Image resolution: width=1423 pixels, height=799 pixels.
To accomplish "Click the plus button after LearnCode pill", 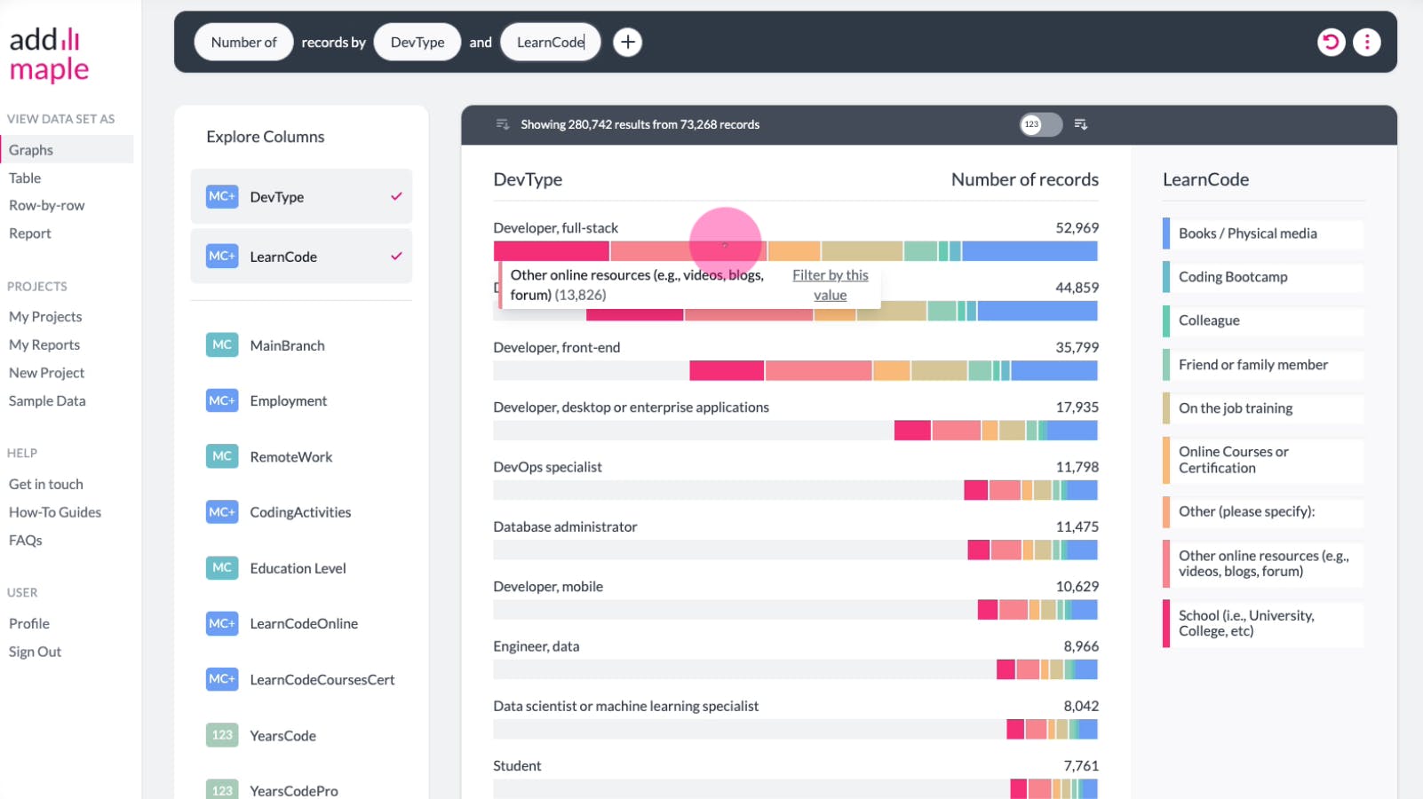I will (627, 42).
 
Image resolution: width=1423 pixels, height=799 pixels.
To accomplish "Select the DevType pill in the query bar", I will (417, 42).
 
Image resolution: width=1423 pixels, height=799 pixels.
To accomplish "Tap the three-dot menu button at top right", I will (1366, 42).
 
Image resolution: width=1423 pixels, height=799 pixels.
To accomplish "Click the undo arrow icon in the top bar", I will (1331, 42).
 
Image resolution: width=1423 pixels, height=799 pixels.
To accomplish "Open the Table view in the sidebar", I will (25, 178).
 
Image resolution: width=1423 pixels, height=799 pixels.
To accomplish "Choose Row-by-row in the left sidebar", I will (47, 205).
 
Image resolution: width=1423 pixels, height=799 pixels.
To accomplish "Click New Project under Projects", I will (47, 373).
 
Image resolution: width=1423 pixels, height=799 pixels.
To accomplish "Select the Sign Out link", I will (36, 652).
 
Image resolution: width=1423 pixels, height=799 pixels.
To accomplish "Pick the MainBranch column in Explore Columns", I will (287, 345).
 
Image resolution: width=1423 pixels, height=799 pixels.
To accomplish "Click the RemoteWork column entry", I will (290, 456).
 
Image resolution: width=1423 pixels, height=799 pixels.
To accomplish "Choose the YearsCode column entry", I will (282, 735).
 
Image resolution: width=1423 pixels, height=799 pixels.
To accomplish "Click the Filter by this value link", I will (830, 285).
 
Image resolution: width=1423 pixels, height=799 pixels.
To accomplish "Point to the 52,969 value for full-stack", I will (1077, 228).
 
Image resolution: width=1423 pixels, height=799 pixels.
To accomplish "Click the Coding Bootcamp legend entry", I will (1232, 277).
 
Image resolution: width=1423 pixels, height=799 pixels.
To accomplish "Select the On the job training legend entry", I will (1235, 408).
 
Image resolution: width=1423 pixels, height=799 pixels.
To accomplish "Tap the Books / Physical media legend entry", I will (1247, 233).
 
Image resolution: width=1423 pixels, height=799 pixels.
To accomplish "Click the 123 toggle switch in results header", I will (1040, 124).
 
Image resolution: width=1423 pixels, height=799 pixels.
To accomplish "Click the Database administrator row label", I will (565, 526).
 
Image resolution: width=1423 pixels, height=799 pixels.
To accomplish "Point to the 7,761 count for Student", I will (1081, 765).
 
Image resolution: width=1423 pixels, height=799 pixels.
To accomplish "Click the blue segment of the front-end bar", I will (1053, 370).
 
